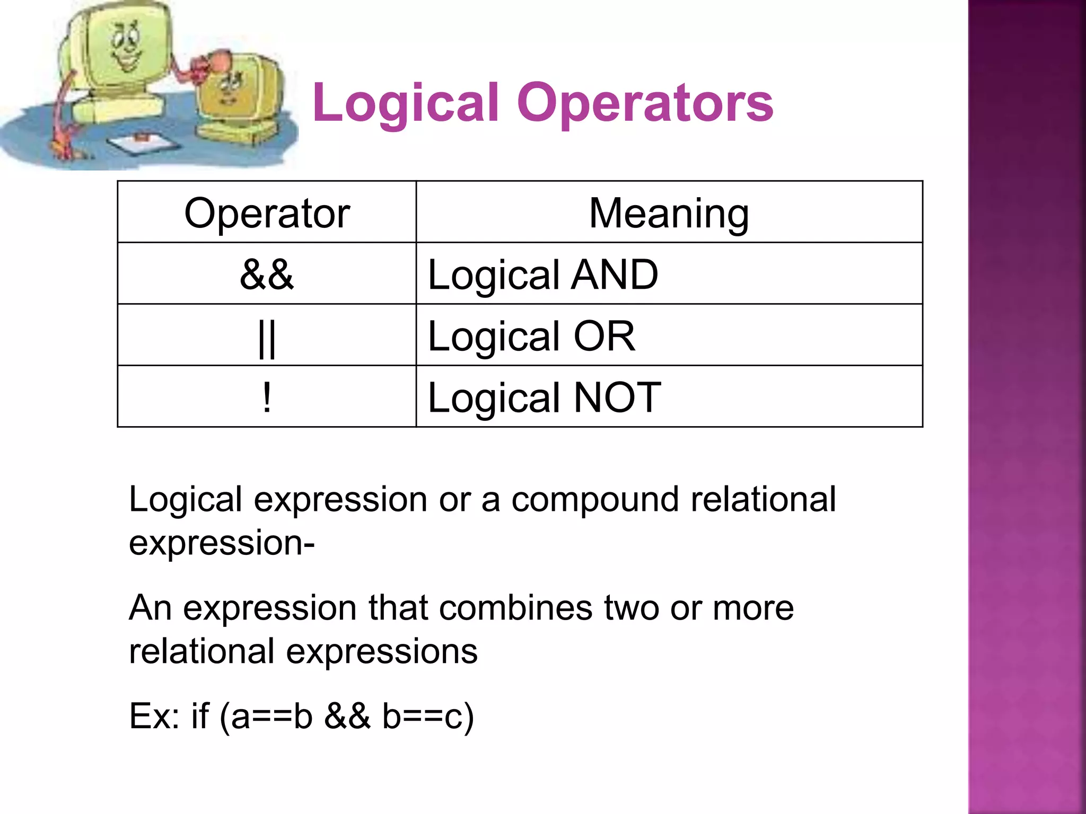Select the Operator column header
267,213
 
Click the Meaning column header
669,213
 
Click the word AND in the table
615,275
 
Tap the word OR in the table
605,336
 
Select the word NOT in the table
618,397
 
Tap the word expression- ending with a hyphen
222,543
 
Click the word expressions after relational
382,651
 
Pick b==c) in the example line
428,716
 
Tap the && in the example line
347,716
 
